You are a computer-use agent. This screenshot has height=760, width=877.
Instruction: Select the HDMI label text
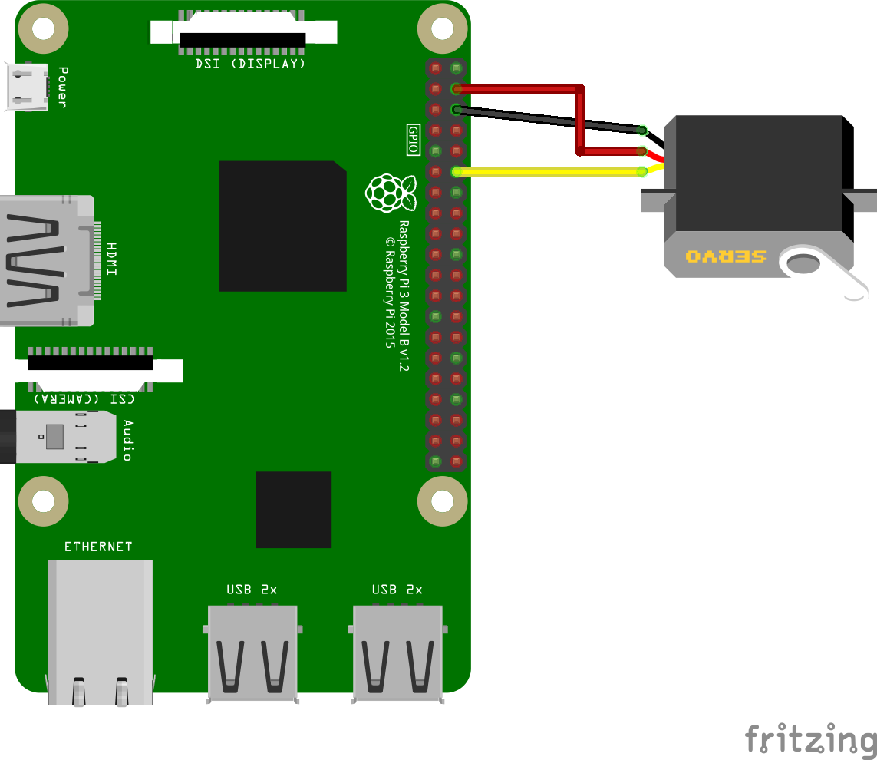(112, 259)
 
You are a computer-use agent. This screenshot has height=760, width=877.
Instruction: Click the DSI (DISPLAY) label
(250, 64)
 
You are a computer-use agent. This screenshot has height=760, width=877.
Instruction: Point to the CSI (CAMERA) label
(84, 398)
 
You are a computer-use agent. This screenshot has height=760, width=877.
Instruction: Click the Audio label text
(127, 440)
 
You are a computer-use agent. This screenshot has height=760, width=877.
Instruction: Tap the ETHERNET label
(98, 547)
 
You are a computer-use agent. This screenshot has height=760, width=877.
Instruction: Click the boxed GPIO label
(413, 140)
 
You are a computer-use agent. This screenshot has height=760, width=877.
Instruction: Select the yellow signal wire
(549, 172)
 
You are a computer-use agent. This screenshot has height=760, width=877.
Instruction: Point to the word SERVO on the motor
(725, 256)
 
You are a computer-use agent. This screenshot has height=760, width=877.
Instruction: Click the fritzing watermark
(810, 739)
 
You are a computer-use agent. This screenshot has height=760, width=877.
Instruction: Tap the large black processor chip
(282, 226)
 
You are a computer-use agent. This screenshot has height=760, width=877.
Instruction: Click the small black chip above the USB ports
(293, 510)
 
